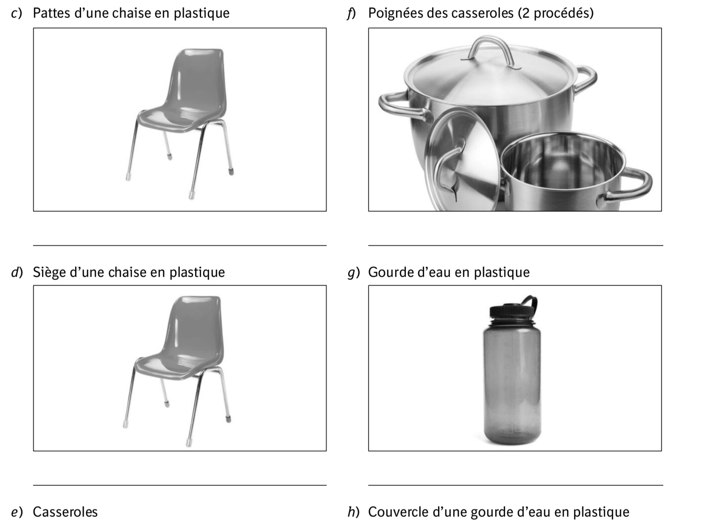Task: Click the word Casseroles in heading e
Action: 65,512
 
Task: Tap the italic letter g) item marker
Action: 353,273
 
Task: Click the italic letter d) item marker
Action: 17,272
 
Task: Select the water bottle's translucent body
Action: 512,384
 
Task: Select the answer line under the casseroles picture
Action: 515,245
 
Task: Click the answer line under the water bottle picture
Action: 515,485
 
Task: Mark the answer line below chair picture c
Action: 180,245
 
